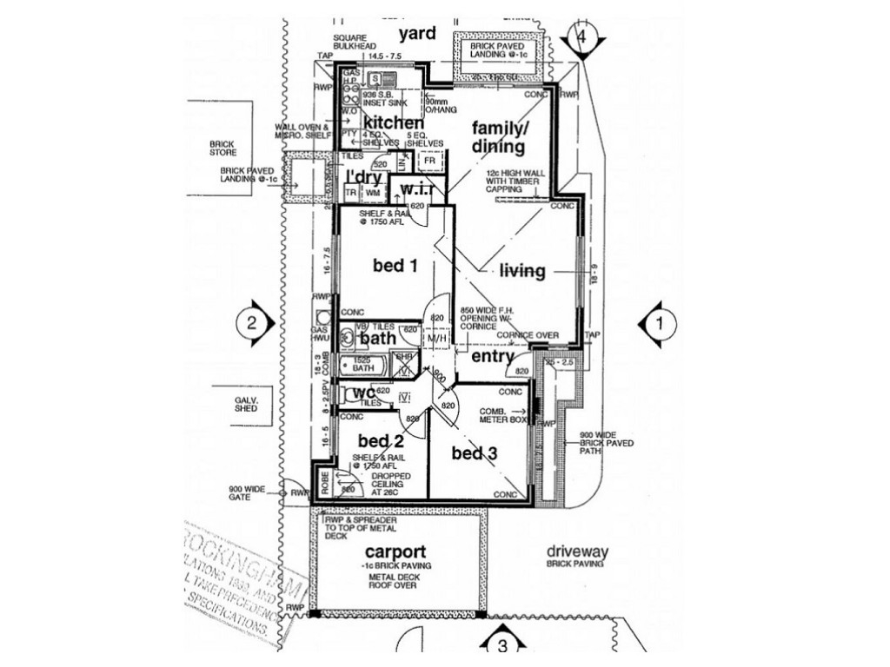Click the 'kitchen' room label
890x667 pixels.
coord(393,123)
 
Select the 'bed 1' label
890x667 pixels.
coord(395,266)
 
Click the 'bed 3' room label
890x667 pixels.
coord(475,453)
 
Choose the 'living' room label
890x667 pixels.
coord(522,271)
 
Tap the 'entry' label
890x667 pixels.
coord(493,356)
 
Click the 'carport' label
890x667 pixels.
coord(395,551)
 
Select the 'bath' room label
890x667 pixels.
coord(378,338)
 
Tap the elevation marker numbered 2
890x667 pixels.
coord(250,324)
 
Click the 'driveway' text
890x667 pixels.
coord(578,551)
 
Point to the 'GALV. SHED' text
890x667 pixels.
coord(246,404)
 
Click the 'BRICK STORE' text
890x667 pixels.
coord(222,149)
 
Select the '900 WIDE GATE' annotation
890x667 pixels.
coord(248,493)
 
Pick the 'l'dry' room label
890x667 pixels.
coord(365,176)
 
